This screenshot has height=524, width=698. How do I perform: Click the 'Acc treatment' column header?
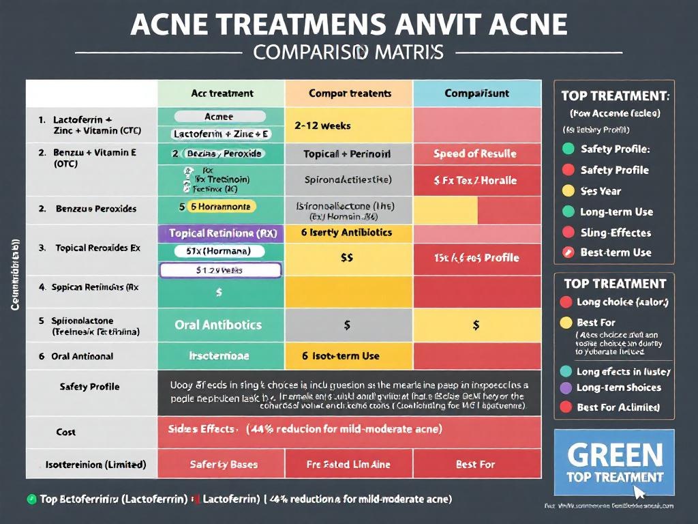coord(222,93)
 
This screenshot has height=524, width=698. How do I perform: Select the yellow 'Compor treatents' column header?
coord(350,93)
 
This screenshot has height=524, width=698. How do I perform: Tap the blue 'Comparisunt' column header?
coord(476,93)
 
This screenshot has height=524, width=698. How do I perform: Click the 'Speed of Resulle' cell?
coord(474,154)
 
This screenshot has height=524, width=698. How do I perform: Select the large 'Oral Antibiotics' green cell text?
coord(218,325)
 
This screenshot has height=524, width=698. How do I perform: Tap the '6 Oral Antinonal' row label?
coord(76,356)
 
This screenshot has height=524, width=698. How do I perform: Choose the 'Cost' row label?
coord(66,432)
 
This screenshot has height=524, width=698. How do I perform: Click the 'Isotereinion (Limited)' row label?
coord(95,465)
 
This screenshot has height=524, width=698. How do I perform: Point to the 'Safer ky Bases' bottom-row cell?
coord(224,465)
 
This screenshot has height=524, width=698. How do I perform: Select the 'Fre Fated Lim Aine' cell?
coord(348,465)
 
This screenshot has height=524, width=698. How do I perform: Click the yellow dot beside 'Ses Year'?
coord(567,191)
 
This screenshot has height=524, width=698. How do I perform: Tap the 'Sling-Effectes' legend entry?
coord(615,233)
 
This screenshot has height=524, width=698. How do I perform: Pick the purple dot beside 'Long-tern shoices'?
coord(566,388)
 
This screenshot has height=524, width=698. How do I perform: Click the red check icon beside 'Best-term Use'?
coord(567,252)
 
